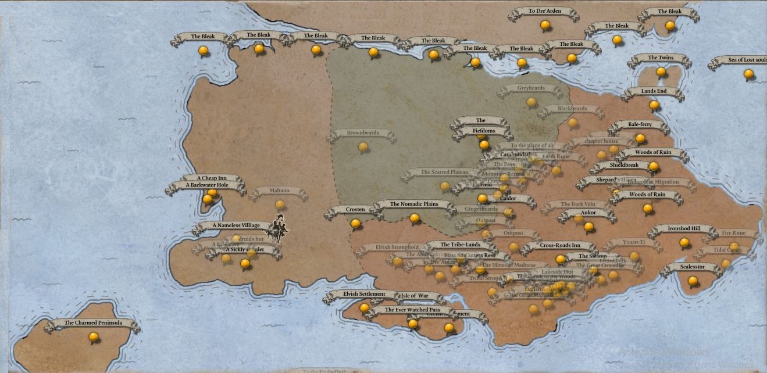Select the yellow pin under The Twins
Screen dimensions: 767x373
click(x=661, y=72)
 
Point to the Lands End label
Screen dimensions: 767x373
click(x=654, y=91)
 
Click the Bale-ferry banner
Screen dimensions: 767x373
click(x=640, y=125)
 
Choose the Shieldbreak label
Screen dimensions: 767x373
click(x=624, y=165)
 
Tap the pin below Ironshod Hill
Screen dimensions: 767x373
click(x=684, y=243)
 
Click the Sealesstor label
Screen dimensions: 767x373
click(x=692, y=267)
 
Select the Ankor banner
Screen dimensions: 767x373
click(x=588, y=213)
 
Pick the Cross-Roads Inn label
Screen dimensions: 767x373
click(x=559, y=246)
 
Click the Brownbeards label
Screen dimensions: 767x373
click(x=363, y=133)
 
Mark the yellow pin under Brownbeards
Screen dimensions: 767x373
click(x=363, y=147)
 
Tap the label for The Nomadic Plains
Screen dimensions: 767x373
click(x=414, y=205)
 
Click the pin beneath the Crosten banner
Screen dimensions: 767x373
click(x=355, y=223)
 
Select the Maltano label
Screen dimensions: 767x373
click(x=280, y=191)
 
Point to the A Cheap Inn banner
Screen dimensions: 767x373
click(x=212, y=178)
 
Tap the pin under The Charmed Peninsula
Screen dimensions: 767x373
click(x=94, y=337)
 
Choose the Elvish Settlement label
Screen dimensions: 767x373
click(x=364, y=294)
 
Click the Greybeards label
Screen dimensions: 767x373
click(x=531, y=88)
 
